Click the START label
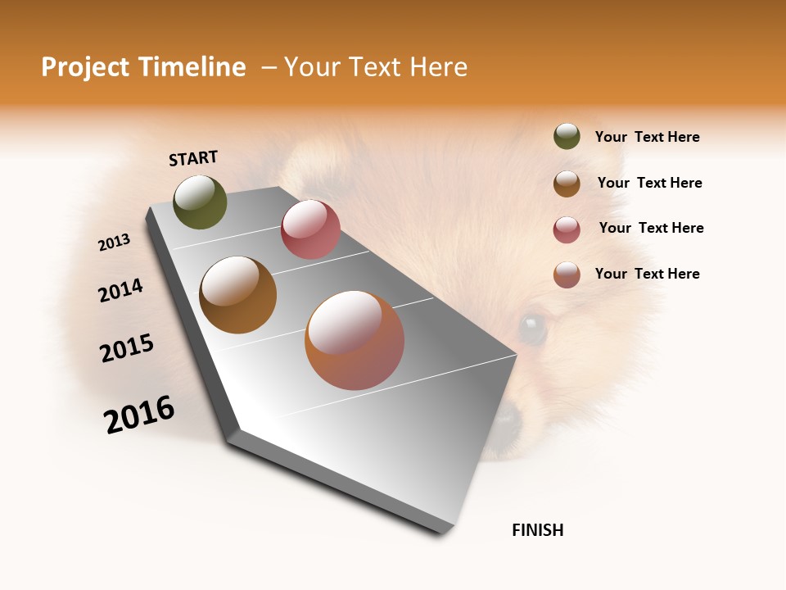point(193,158)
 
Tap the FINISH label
point(537,530)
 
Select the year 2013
point(115,243)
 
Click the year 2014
point(120,290)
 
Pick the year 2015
point(127,348)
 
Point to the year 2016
point(139,415)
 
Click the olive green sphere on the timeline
point(200,202)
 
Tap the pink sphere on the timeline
point(310,229)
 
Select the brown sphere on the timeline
point(237,295)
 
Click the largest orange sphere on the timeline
point(355,340)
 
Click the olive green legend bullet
point(567,137)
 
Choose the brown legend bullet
point(567,184)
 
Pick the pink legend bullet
point(567,229)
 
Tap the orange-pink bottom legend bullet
point(567,275)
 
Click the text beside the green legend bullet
point(647,138)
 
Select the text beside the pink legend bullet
point(651,228)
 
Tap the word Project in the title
point(84,67)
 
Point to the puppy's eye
point(532,329)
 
